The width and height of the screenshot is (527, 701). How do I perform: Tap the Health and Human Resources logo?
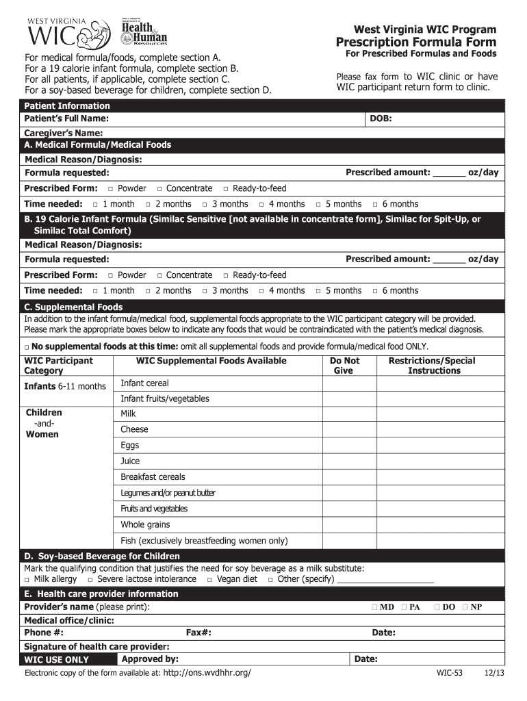click(x=143, y=30)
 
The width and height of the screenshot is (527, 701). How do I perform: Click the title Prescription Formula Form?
click(x=415, y=42)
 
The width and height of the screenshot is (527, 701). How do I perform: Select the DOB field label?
click(x=381, y=118)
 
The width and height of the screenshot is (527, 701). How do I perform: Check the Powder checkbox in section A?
click(x=111, y=189)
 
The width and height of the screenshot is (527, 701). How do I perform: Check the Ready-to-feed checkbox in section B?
click(x=227, y=276)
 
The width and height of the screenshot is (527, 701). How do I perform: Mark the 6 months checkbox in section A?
click(x=375, y=205)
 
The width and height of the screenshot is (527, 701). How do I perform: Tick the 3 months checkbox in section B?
click(x=205, y=292)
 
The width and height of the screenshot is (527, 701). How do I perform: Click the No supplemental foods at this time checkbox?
click(x=27, y=346)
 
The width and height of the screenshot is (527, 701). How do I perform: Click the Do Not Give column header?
click(x=344, y=366)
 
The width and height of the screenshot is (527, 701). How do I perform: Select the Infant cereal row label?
click(x=144, y=383)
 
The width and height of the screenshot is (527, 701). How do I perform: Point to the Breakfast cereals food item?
click(x=153, y=477)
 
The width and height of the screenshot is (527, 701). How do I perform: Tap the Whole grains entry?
click(x=145, y=524)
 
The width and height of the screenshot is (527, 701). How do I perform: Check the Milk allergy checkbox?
click(x=27, y=580)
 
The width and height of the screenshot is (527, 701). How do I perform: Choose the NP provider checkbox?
click(x=465, y=607)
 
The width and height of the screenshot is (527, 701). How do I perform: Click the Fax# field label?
click(x=198, y=633)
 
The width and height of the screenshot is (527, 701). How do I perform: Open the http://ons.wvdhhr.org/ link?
click(x=207, y=673)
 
